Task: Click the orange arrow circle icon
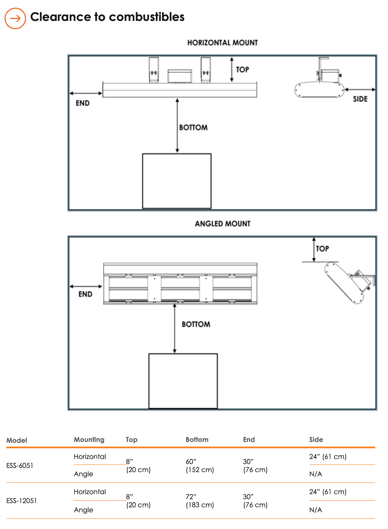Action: point(15,18)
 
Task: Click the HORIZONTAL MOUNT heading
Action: point(222,43)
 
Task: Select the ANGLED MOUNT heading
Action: point(222,224)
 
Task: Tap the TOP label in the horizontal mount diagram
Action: point(242,69)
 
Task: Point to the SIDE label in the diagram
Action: point(360,99)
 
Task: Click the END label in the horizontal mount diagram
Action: point(83,103)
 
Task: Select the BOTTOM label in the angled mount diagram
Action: point(196,324)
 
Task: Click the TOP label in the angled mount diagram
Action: point(322,249)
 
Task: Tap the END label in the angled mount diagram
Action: point(85,294)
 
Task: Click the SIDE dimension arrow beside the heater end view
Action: point(360,90)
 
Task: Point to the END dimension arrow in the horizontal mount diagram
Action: point(86,93)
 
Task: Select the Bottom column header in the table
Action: point(197,439)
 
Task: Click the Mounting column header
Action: point(89,440)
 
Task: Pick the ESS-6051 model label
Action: point(20,465)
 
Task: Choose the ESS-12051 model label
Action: point(21,501)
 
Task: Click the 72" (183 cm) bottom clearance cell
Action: point(200,501)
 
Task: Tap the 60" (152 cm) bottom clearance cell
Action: point(200,466)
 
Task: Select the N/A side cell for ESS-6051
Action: point(316,474)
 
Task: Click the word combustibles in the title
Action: point(147,17)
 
